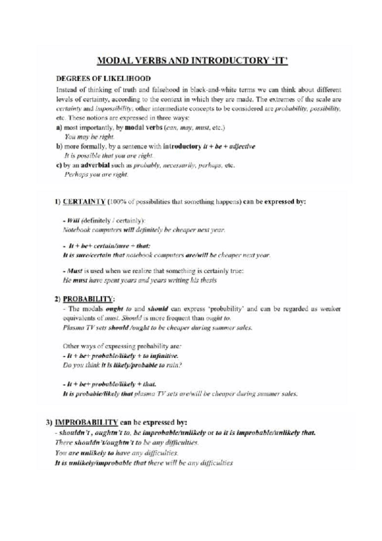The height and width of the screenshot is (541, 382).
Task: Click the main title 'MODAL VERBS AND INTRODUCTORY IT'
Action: pyautogui.click(x=191, y=62)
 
